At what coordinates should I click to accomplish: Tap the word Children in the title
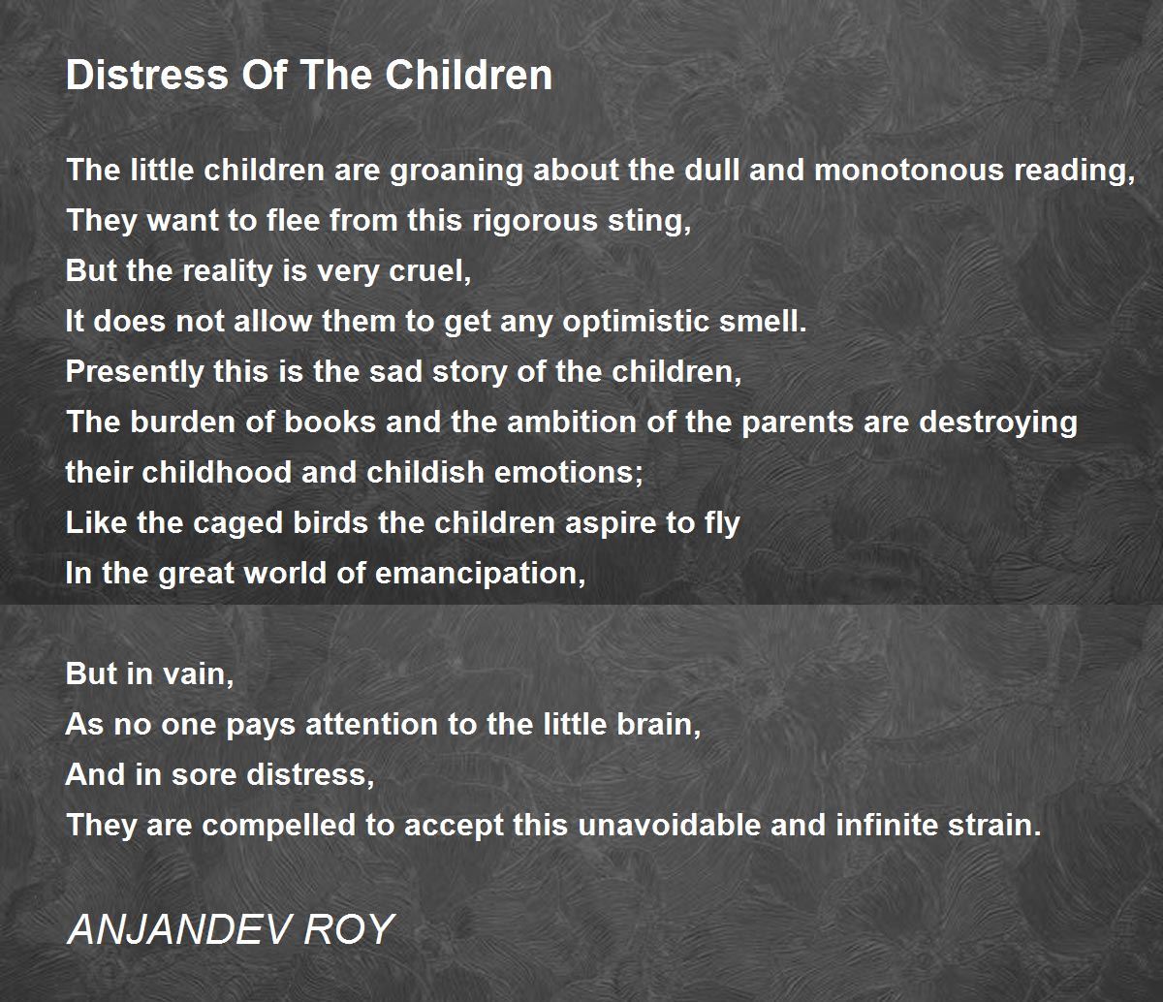(x=469, y=75)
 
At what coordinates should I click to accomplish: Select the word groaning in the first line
(x=456, y=171)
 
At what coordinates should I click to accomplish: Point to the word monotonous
(x=909, y=170)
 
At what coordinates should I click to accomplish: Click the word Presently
(x=135, y=373)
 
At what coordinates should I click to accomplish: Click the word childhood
(x=216, y=473)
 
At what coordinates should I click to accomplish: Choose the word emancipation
(x=480, y=575)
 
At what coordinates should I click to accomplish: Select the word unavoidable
(x=669, y=826)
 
